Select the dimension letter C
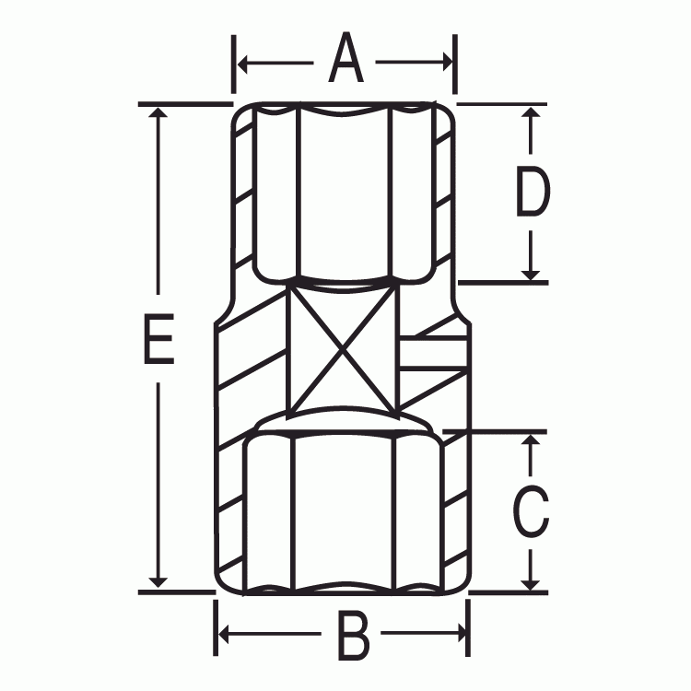(530, 511)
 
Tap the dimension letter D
(532, 192)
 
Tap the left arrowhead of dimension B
(223, 634)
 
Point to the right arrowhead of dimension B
(461, 634)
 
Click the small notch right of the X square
(431, 354)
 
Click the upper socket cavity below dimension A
(344, 193)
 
